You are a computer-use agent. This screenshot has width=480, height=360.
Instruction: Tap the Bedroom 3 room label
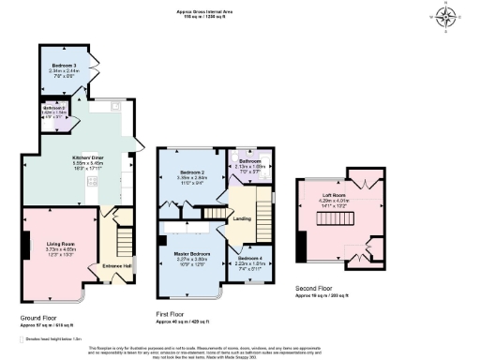(64, 64)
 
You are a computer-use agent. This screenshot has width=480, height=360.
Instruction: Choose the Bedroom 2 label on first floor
(193, 172)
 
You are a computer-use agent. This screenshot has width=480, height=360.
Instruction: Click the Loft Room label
(334, 193)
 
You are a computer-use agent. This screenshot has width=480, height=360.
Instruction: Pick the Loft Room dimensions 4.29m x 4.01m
(334, 199)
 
